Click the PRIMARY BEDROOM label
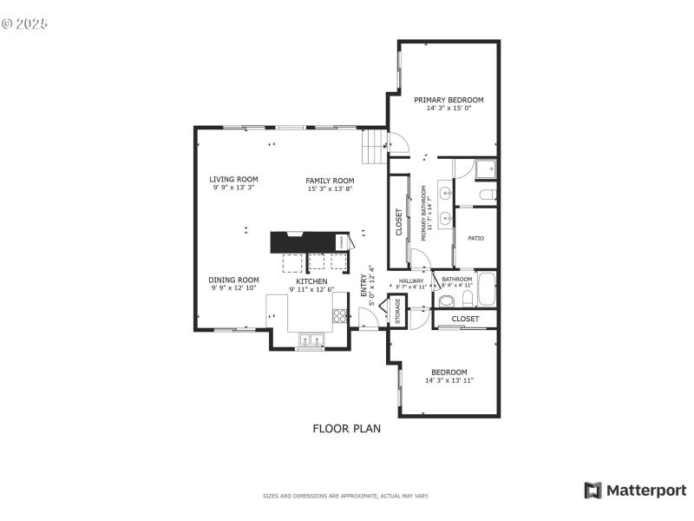coord(448,100)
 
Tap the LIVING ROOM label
coord(233,180)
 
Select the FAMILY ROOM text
coord(330,181)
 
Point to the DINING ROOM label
coord(233,280)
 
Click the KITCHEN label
coord(311,282)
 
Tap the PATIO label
coord(475,238)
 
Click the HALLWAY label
coord(411,280)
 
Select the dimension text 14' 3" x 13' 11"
coord(449,380)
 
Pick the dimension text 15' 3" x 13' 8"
coord(330,188)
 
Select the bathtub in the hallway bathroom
coord(486,290)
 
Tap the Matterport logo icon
coord(593,491)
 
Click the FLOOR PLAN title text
coord(346,428)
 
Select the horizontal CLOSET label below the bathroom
coord(465,319)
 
